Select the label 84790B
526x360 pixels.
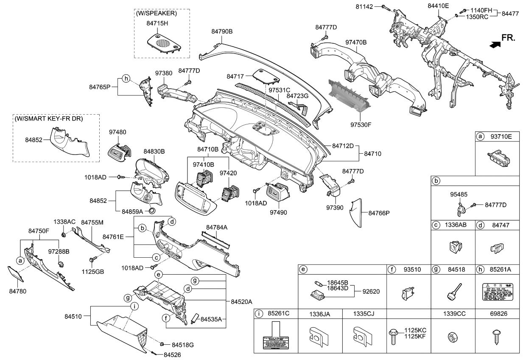coord(222,31)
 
